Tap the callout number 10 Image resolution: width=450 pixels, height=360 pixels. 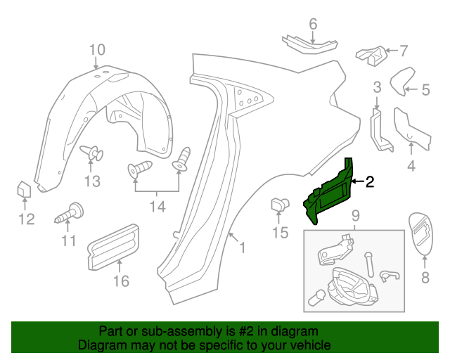[x=97, y=49]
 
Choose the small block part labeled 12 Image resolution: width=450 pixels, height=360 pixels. [x=23, y=189]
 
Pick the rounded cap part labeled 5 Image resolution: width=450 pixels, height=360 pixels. [x=402, y=80]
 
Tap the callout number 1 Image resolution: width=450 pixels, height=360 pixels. [x=242, y=247]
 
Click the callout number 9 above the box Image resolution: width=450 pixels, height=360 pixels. [x=355, y=214]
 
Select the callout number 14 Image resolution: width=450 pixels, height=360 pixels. [x=157, y=207]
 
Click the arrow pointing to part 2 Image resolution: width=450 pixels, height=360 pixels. [x=357, y=181]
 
